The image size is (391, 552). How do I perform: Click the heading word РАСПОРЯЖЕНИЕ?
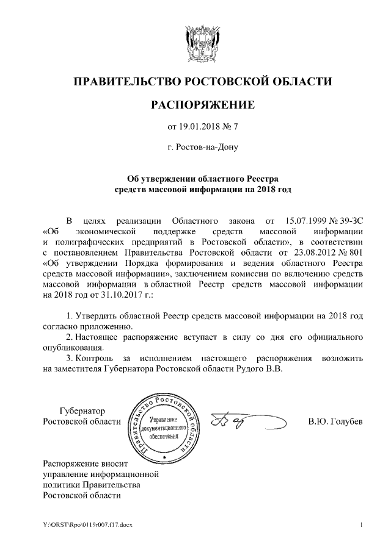[x=195, y=105]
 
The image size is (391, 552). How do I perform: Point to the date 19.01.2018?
[x=200, y=127]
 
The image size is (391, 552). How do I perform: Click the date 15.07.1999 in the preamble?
[x=304, y=220]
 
